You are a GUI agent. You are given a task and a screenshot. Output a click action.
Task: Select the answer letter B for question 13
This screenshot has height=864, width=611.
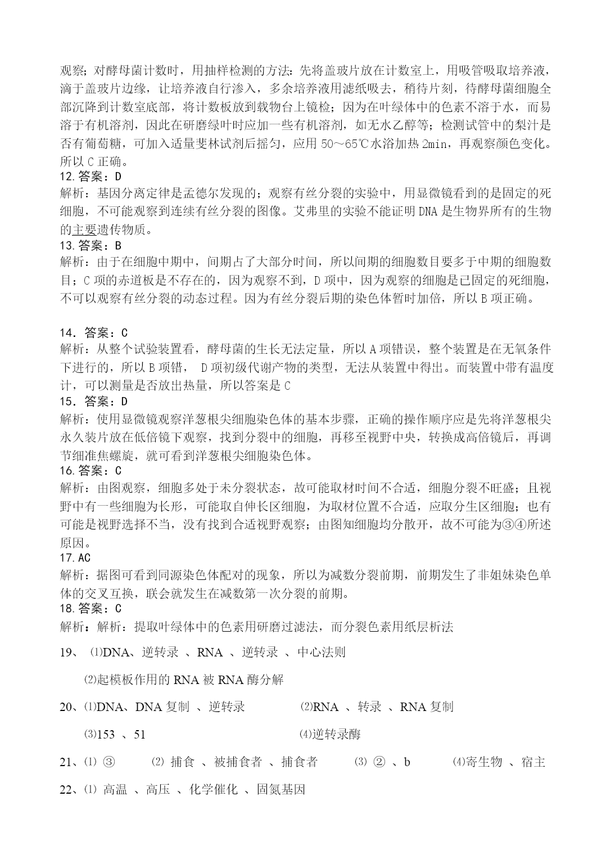point(117,245)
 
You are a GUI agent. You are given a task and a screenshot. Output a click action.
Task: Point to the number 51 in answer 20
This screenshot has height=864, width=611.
point(139,734)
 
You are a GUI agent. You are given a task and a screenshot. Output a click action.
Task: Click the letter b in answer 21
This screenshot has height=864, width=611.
point(407,762)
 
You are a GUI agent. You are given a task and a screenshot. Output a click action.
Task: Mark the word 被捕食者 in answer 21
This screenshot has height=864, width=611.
point(238,762)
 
